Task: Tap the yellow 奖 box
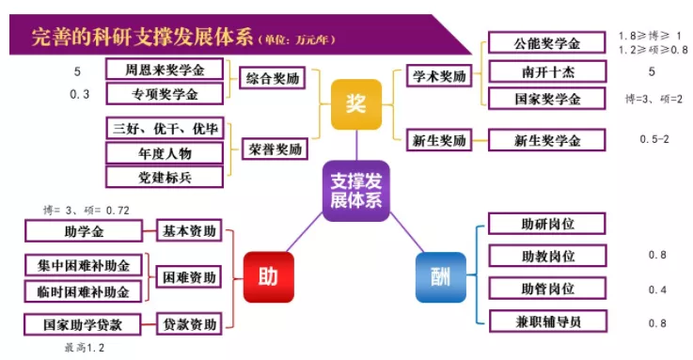click(356, 104)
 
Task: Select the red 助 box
click(267, 277)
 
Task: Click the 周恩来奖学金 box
click(165, 70)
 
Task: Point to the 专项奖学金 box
click(165, 93)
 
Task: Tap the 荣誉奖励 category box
click(275, 149)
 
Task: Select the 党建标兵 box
click(165, 177)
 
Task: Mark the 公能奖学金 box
click(547, 44)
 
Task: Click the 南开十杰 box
click(547, 71)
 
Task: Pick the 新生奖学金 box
click(547, 140)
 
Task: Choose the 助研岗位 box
click(547, 224)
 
